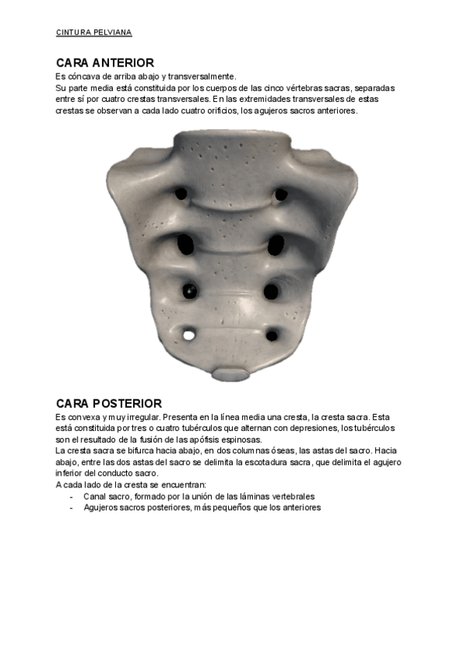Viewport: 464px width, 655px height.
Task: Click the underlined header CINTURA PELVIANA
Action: (94, 32)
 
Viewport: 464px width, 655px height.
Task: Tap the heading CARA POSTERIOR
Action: (109, 403)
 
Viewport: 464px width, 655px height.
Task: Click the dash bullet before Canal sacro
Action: (72, 497)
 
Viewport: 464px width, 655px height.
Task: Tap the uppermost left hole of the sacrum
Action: (182, 192)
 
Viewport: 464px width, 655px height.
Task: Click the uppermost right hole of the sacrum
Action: (281, 194)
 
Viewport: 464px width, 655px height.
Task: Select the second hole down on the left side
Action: (186, 245)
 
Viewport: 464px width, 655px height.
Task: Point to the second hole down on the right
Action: (277, 246)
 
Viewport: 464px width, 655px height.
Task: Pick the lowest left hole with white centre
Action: (189, 334)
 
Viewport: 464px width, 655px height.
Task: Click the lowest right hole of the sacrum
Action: (271, 336)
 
